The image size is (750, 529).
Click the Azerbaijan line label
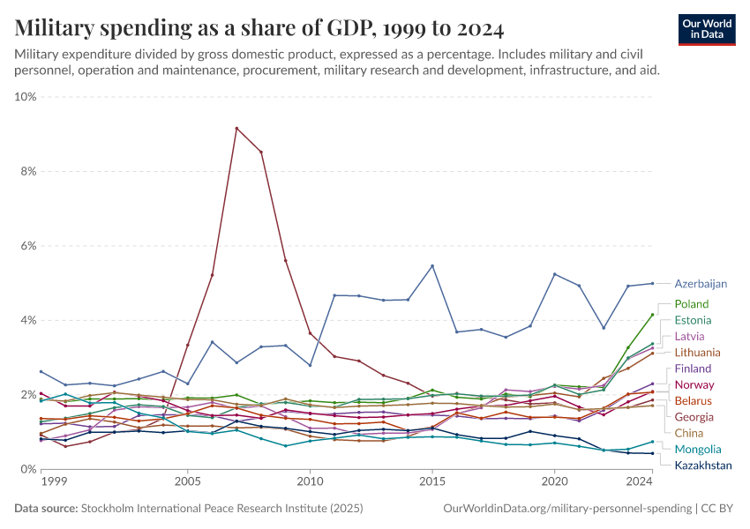(701, 284)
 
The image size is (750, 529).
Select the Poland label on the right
(691, 304)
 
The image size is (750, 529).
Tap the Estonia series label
(693, 320)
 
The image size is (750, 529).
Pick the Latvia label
(689, 336)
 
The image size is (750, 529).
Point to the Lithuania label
(697, 352)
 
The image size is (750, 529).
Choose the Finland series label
(693, 369)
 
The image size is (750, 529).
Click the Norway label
(694, 384)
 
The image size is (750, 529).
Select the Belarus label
(693, 401)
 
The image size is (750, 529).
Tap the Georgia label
(694, 417)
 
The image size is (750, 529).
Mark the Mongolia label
(697, 450)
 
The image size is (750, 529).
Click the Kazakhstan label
(703, 466)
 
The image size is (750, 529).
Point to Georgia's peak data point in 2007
(236, 128)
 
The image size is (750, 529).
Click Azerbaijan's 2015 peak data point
(432, 266)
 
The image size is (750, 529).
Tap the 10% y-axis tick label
(24, 97)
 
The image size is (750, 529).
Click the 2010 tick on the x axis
(310, 483)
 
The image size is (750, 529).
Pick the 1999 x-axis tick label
(54, 483)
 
